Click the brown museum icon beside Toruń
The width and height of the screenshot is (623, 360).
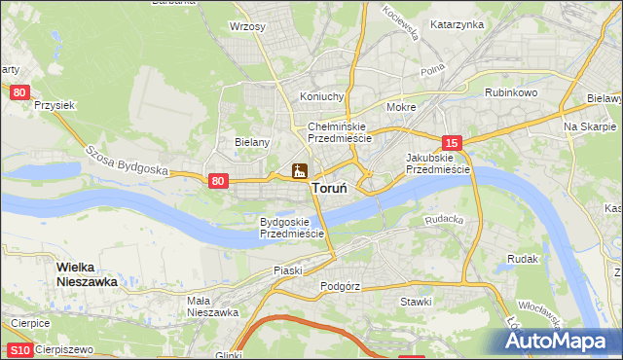point(299,172)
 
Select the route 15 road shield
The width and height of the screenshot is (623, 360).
point(451,142)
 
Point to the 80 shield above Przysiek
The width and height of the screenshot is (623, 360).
point(20,91)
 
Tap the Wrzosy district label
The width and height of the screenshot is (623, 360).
point(247,27)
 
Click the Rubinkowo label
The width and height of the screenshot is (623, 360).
point(511,93)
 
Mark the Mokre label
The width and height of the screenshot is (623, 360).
point(401,107)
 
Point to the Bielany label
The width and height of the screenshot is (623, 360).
point(252,141)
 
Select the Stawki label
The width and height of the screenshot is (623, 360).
point(416,302)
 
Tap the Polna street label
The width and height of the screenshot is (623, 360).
point(432,72)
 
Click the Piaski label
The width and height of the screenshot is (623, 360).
point(289,270)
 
